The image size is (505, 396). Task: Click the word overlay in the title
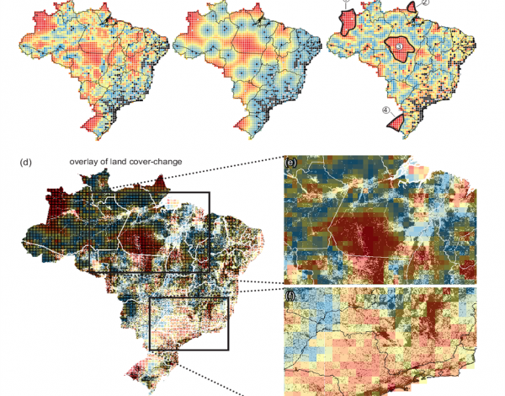88,162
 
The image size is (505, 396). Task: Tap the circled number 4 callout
385,110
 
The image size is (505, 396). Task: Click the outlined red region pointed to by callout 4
398,122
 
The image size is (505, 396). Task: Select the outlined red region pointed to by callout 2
411,8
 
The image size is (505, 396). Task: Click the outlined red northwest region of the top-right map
347,20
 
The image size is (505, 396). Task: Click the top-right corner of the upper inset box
210,192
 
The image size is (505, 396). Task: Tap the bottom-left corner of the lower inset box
150,349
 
